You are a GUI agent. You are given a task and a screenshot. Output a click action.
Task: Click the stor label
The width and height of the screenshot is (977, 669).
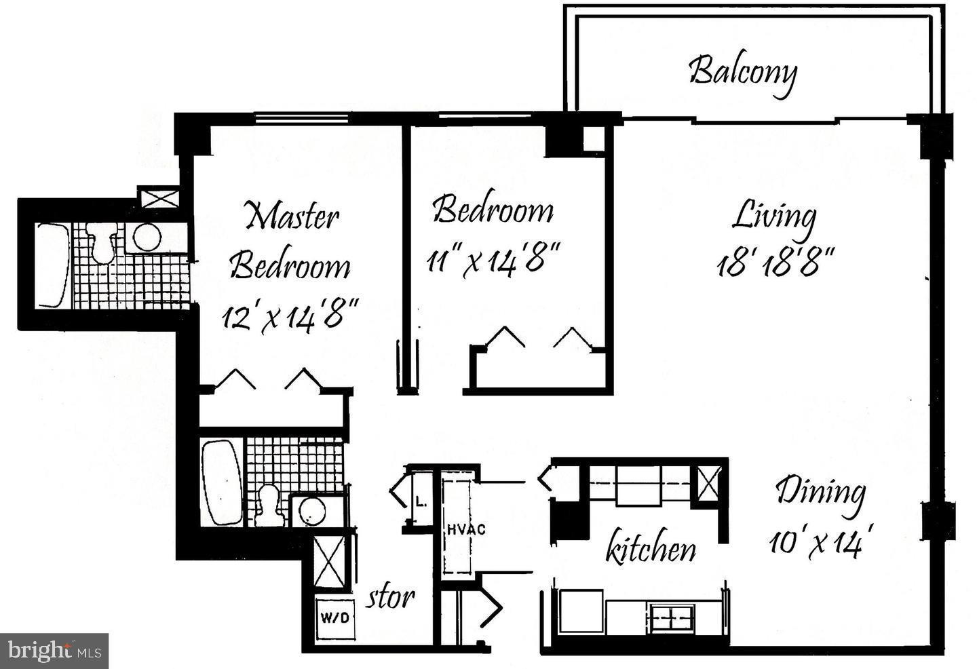click(x=391, y=597)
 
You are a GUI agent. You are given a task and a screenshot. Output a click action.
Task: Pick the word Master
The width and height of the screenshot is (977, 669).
click(x=292, y=216)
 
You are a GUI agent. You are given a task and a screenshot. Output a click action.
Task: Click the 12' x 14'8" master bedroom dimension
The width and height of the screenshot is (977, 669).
click(x=290, y=316)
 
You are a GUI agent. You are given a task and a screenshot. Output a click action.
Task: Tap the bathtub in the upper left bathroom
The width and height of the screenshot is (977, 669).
click(x=52, y=265)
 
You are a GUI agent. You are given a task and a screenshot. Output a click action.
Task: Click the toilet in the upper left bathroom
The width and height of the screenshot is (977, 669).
click(x=102, y=242)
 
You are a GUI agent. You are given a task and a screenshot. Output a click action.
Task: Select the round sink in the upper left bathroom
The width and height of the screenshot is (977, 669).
click(x=147, y=237)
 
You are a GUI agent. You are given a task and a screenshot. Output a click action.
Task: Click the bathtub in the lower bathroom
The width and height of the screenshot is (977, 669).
click(x=222, y=482)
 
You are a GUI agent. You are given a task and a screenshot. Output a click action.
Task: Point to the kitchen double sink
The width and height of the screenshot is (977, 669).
click(x=672, y=617)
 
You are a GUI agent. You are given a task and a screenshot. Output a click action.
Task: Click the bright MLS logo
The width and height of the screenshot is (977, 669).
click(x=54, y=651)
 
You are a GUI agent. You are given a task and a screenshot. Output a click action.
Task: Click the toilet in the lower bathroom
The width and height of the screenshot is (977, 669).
click(x=269, y=505)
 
